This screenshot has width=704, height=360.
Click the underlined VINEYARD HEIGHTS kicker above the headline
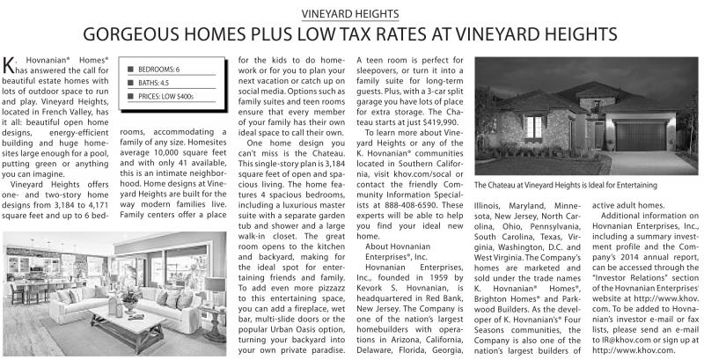[350, 14]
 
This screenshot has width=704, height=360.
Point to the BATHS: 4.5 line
[152, 81]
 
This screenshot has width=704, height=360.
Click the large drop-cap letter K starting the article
[9, 63]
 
